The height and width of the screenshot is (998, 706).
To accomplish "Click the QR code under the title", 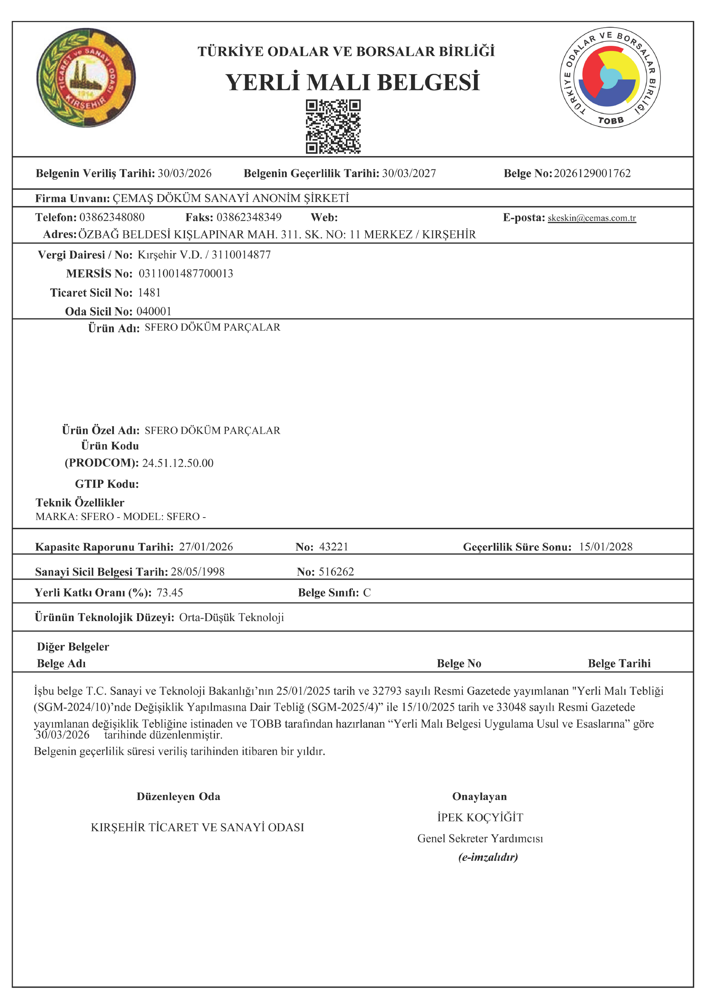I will tap(333, 126).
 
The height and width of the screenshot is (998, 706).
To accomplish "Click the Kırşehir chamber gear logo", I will tap(86, 78).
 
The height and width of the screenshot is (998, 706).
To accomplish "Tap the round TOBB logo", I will tap(610, 79).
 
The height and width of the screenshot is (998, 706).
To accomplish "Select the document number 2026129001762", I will tap(592, 173).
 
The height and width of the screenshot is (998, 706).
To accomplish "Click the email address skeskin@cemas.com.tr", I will tap(592, 218).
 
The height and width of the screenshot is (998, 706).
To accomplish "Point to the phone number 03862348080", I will tap(112, 217).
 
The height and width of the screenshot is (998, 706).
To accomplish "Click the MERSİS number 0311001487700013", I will tap(186, 273).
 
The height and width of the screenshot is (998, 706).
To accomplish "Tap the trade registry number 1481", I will tap(149, 292).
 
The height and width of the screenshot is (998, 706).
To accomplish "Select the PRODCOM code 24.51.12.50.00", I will tap(177, 463).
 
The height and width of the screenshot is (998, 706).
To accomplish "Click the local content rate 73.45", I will tap(170, 593).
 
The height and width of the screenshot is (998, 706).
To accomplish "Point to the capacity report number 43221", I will tap(334, 546).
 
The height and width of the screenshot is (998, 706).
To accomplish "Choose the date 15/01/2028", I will tap(606, 546).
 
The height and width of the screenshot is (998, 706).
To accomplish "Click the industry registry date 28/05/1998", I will tap(198, 572).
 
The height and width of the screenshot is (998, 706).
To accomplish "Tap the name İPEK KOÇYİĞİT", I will tap(480, 817).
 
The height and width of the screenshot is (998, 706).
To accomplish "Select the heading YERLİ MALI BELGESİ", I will tap(352, 82).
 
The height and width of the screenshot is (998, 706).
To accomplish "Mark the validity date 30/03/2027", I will tap(409, 173).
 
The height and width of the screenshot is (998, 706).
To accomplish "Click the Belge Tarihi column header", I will tap(619, 663).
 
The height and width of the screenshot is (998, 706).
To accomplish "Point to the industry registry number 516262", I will tap(336, 572).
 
